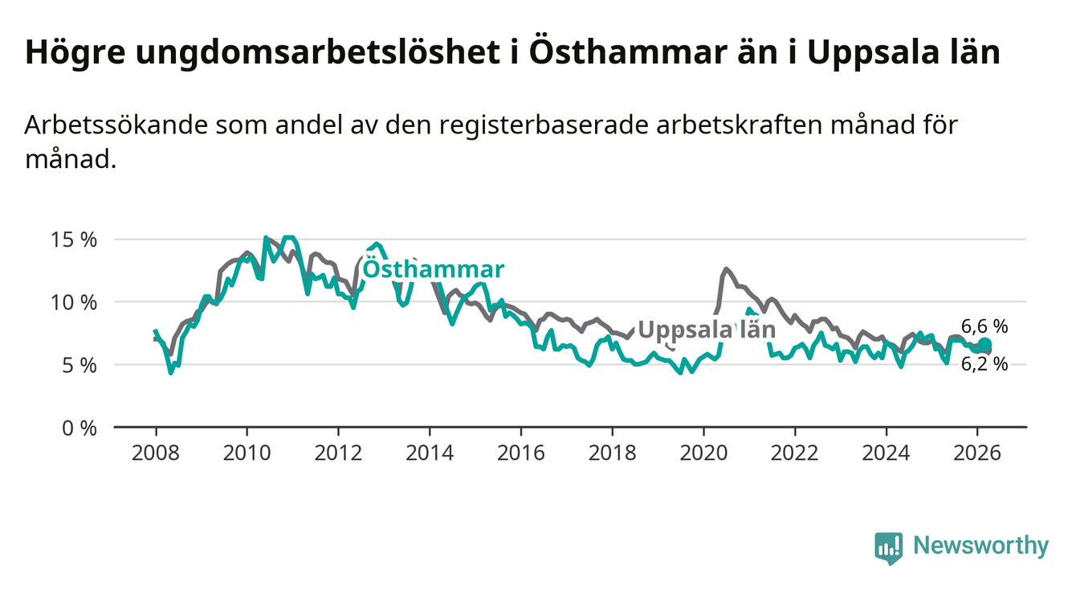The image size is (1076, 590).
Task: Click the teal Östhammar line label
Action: click(434, 269)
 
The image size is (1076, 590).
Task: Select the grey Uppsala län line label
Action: click(707, 330)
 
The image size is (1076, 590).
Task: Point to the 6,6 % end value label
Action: click(984, 326)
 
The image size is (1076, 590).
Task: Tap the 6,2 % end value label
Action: click(984, 364)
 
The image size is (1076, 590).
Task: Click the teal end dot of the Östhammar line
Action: click(985, 345)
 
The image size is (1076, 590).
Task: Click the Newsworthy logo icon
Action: click(888, 547)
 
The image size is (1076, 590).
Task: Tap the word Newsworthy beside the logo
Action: click(981, 547)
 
